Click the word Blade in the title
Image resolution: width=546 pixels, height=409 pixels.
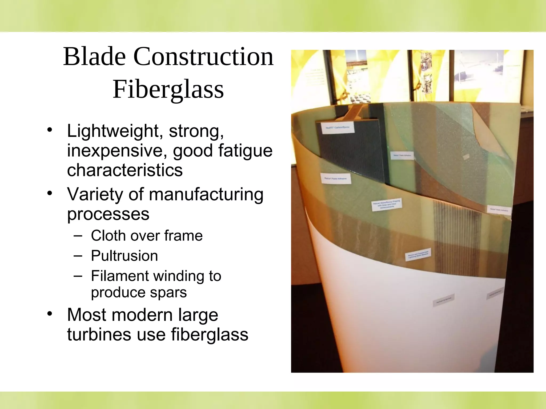(x=94, y=57)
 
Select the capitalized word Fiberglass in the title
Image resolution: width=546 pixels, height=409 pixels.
(x=168, y=89)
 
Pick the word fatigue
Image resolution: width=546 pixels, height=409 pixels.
(x=245, y=151)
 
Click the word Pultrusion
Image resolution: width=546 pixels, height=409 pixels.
(x=124, y=256)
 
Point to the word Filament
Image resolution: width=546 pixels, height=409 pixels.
(x=119, y=276)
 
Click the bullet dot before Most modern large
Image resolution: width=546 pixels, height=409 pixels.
(x=49, y=314)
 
